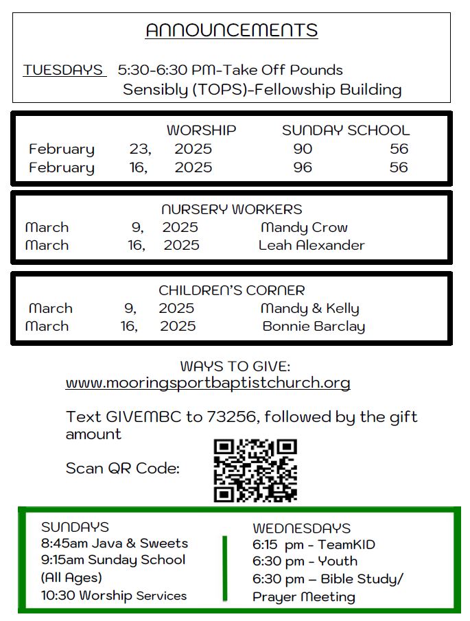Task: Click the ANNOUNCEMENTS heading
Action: point(231,31)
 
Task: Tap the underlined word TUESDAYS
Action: point(63,70)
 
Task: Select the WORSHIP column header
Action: point(201,130)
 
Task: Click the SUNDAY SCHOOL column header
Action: point(346,130)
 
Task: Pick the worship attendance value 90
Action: point(303,149)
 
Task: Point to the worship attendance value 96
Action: point(303,167)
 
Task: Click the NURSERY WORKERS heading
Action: point(231,209)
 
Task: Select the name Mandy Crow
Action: point(304,227)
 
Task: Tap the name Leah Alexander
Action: point(312,245)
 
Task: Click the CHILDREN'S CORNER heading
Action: point(231,290)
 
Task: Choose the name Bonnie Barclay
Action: point(314,327)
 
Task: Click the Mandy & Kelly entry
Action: point(309,309)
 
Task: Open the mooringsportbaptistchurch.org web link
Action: point(208,383)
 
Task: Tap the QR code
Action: point(255,470)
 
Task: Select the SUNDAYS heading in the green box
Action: point(75,527)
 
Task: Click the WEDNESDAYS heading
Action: point(301,528)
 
